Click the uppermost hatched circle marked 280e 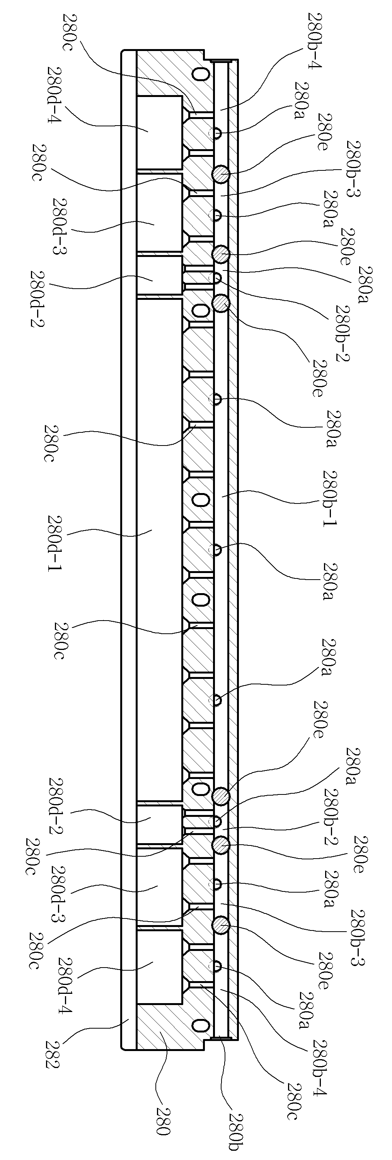point(221,174)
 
